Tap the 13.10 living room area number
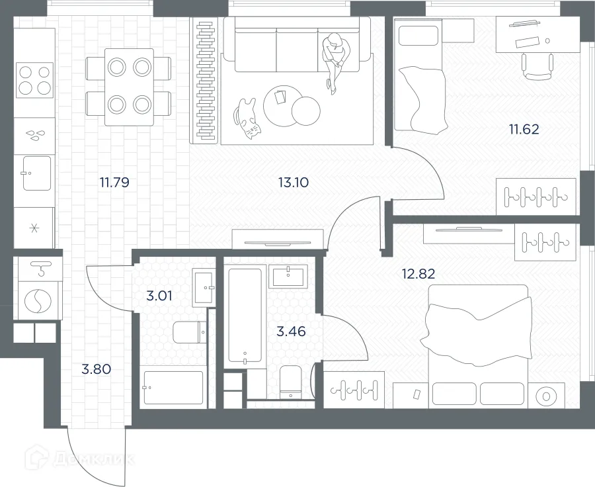click(x=294, y=182)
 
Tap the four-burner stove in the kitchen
click(x=34, y=80)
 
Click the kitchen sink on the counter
click(x=36, y=173)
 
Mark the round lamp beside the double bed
click(x=546, y=397)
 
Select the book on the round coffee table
click(x=280, y=98)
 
